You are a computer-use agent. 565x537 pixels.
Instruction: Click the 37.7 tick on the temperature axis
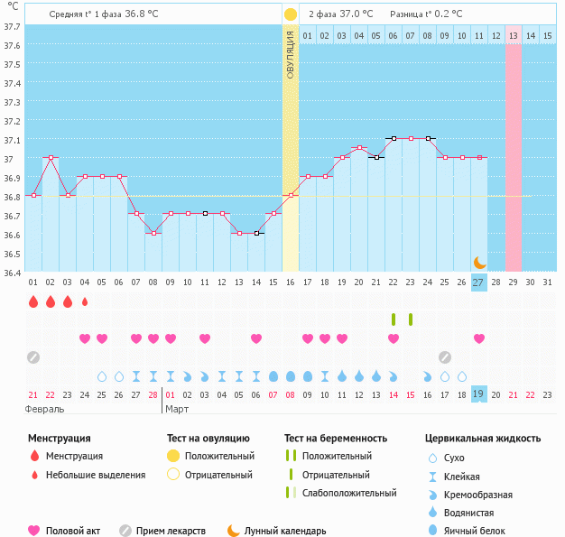point(11,26)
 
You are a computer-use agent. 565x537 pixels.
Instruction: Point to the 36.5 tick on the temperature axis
point(11,254)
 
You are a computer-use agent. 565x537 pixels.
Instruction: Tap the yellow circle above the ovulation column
point(291,14)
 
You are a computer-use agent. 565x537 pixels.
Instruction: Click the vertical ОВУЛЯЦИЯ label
point(291,54)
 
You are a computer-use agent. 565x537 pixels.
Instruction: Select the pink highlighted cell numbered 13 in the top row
point(513,35)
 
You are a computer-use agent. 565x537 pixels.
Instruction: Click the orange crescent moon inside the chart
point(480,262)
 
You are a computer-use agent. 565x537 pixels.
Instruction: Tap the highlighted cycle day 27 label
point(478,282)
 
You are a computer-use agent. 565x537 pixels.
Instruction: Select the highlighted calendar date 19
point(478,393)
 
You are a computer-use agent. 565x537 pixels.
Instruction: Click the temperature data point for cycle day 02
point(51,157)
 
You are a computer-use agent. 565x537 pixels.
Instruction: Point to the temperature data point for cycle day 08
point(153,233)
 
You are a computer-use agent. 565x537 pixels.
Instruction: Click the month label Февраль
point(44,409)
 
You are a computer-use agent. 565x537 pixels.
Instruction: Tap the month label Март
point(178,409)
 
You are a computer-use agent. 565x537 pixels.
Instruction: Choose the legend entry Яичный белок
point(481,531)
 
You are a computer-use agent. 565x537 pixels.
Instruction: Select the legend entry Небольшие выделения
point(95,475)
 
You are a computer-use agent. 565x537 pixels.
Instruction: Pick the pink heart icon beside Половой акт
point(34,531)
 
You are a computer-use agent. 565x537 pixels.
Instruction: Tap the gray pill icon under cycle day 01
point(33,356)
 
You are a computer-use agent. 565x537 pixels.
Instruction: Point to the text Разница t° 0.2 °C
point(426,14)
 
